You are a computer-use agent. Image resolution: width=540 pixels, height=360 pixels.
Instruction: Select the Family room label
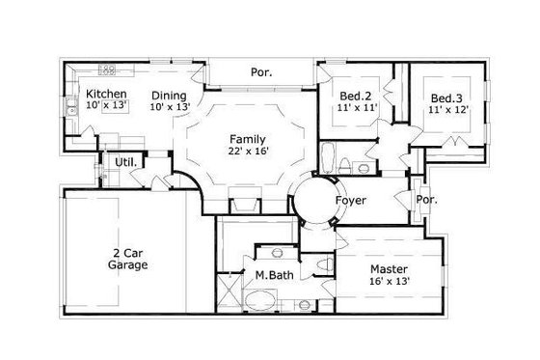(247, 139)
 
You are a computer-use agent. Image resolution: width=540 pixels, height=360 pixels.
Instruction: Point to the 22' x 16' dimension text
(247, 152)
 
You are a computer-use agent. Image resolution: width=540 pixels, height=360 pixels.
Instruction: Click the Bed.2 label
(357, 97)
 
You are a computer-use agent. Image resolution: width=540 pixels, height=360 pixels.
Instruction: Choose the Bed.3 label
(445, 98)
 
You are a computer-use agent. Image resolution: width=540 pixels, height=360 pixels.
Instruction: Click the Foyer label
(350, 201)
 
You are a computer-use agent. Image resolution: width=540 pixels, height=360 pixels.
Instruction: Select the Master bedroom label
(391, 267)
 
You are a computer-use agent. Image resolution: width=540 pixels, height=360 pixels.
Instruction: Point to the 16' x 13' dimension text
(391, 281)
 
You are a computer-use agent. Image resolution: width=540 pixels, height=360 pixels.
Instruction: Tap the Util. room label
(124, 162)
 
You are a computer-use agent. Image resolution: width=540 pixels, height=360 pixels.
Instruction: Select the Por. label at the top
(260, 72)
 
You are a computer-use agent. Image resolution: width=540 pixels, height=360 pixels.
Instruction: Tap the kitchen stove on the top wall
(109, 70)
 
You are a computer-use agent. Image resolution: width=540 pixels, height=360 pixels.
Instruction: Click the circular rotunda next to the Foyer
(315, 200)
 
